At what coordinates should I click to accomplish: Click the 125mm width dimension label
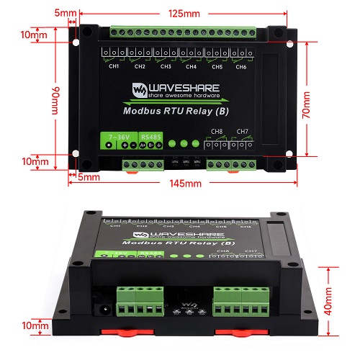[x=186, y=14]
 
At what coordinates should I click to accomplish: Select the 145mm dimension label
[x=185, y=184]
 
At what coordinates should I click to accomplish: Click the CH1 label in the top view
[x=114, y=67]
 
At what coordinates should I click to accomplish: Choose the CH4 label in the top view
[x=191, y=67]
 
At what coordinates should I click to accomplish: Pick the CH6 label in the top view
[x=241, y=67]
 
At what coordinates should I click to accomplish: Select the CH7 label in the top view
[x=243, y=131]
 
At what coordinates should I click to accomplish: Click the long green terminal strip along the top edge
[x=183, y=32]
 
